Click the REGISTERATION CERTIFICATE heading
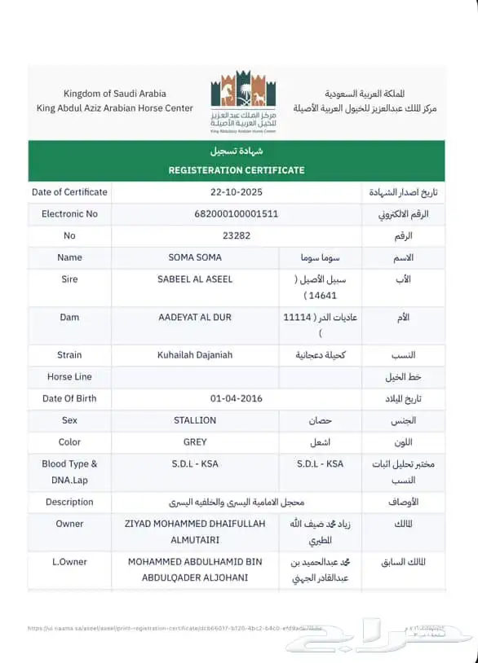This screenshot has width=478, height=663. pyautogui.click(x=237, y=170)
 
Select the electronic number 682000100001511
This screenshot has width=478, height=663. pyautogui.click(x=237, y=214)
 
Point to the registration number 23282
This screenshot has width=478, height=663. pyautogui.click(x=237, y=235)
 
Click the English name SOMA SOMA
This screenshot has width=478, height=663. pyautogui.click(x=195, y=257)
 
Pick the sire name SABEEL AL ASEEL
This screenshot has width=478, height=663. pyautogui.click(x=195, y=279)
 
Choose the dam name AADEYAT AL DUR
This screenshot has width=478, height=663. pyautogui.click(x=195, y=317)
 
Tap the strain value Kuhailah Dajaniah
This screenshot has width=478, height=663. pyautogui.click(x=195, y=355)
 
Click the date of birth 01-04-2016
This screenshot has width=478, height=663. pyautogui.click(x=237, y=398)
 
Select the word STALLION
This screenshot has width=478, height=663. pyautogui.click(x=195, y=420)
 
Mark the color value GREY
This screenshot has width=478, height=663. pyautogui.click(x=195, y=442)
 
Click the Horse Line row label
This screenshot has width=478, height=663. pyautogui.click(x=69, y=377)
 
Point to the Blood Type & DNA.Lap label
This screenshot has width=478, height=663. pyautogui.click(x=69, y=472)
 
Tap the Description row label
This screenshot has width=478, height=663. pyautogui.click(x=69, y=502)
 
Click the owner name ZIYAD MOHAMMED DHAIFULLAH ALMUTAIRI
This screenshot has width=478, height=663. pyautogui.click(x=195, y=531)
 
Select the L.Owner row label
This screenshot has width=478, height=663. pyautogui.click(x=69, y=562)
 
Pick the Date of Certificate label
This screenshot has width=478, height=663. pyautogui.click(x=69, y=192)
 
